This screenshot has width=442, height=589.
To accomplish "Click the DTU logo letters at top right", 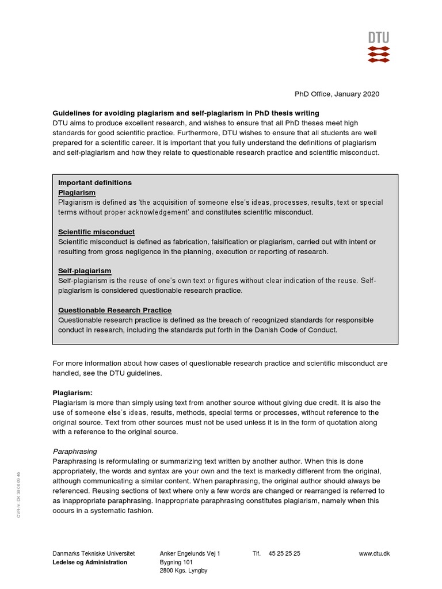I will [379, 38].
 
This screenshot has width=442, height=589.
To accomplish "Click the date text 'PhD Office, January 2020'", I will [337, 94].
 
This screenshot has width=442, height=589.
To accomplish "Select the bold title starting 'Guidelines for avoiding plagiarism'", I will [186, 113].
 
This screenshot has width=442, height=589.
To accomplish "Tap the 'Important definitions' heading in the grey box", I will [95, 183].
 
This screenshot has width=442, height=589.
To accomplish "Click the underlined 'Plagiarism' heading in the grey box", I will [77, 193].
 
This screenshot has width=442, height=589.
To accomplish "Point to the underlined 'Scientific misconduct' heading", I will [96, 232].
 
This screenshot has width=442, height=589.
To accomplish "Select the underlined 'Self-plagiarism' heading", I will [85, 271].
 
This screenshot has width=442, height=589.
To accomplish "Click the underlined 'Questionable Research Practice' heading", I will [115, 310].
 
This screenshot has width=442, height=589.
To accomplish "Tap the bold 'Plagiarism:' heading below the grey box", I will [73, 393].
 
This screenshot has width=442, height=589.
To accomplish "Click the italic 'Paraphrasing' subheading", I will [75, 452].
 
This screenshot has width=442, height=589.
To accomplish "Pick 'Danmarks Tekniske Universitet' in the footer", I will [93, 553].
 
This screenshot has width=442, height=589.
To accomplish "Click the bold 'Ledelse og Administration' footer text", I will [90, 563].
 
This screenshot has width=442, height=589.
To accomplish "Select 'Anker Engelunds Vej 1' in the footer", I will [190, 553].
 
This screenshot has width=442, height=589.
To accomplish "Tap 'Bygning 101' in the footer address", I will [176, 563].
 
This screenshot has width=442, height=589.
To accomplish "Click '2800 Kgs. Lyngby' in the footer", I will [184, 571].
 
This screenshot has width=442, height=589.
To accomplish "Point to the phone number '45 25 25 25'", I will [284, 553].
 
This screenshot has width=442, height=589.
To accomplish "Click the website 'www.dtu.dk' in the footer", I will [374, 553].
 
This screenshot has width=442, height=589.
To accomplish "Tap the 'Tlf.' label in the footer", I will [257, 553].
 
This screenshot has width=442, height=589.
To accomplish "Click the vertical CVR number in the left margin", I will [19, 487].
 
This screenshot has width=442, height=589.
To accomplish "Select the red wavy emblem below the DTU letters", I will [379, 54].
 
